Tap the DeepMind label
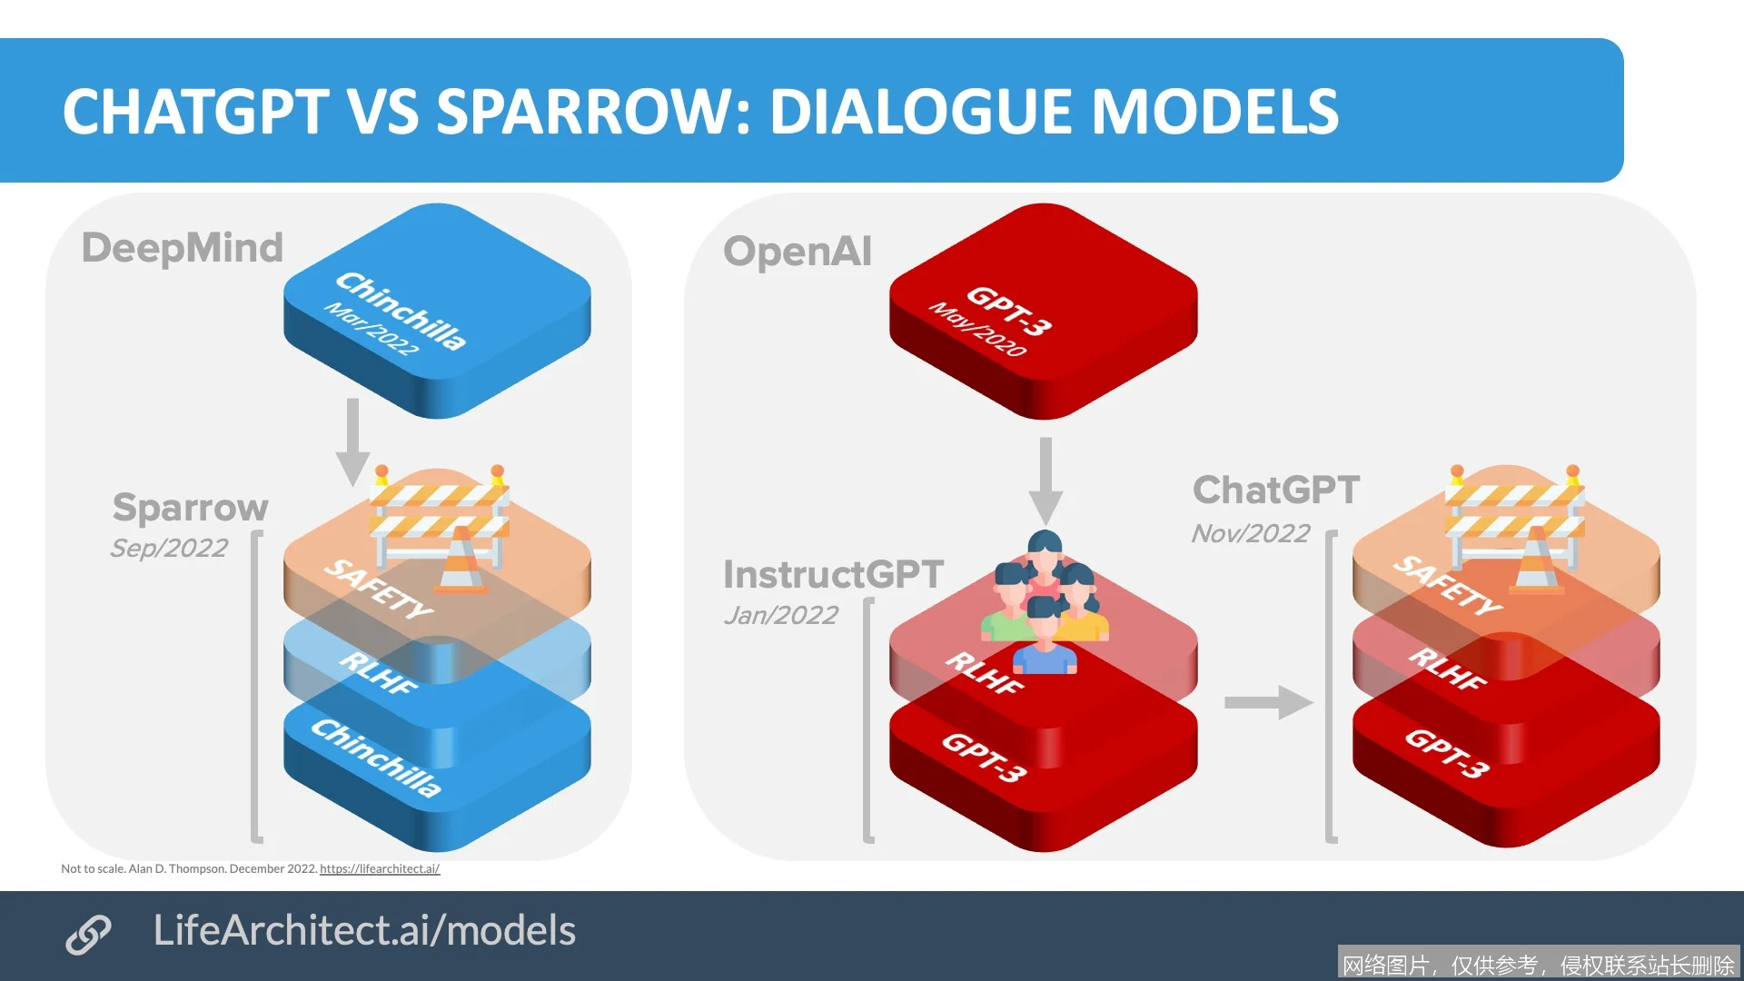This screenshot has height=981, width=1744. [183, 247]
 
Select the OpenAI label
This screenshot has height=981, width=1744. [798, 251]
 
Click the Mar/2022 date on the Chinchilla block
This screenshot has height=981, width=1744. [372, 329]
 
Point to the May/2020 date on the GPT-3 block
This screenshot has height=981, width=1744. [976, 329]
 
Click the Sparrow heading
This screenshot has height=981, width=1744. [191, 507]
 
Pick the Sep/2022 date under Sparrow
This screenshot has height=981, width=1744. [169, 548]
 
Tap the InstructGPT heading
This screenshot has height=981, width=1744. [833, 574]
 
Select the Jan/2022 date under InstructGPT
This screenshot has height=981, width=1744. [781, 615]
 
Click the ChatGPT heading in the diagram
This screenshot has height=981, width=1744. [1276, 490]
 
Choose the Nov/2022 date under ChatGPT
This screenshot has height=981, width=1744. [1251, 533]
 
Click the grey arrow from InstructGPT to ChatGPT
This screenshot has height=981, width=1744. [1268, 702]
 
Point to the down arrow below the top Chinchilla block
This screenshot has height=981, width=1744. [352, 441]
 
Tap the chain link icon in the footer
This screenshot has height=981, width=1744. [88, 935]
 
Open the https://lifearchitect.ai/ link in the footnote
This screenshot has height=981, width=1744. [380, 869]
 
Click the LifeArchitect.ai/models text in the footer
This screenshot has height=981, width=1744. [364, 930]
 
